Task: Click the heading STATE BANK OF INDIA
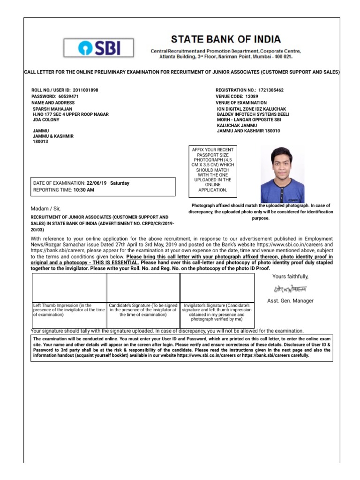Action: (x=226, y=39)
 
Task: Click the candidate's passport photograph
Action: (x=282, y=173)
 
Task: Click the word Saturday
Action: (x=120, y=183)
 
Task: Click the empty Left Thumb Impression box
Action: (x=69, y=288)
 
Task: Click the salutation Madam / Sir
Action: (x=45, y=208)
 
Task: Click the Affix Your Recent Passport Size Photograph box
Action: (x=212, y=170)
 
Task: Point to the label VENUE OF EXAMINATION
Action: (x=241, y=103)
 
